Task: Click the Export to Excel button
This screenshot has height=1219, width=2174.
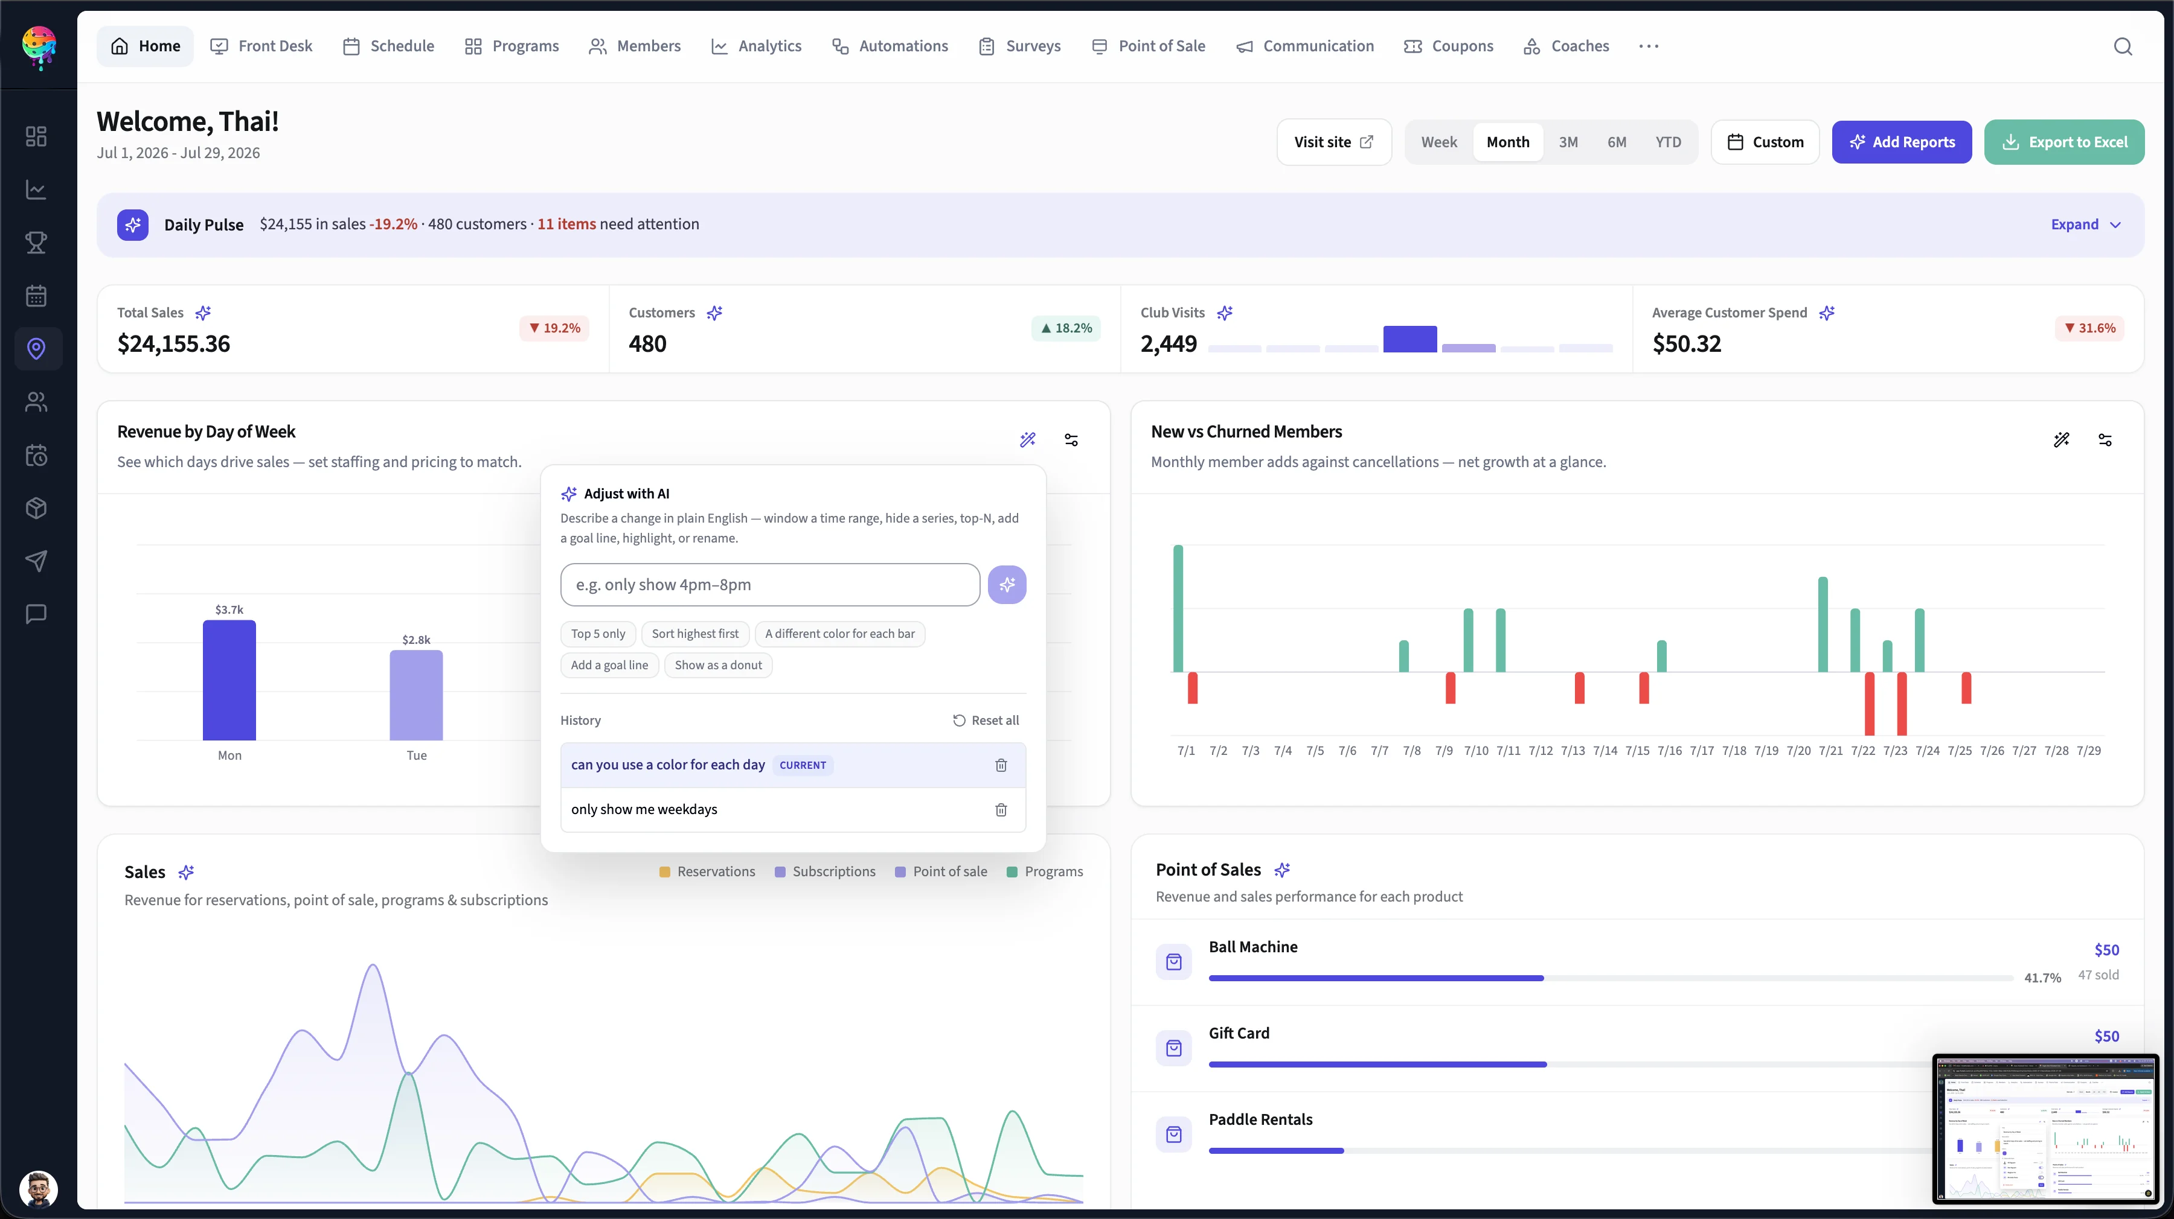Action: [x=2063, y=142]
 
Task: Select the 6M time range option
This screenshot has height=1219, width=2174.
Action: [x=1616, y=142]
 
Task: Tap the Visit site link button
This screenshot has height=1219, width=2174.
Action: [x=1333, y=142]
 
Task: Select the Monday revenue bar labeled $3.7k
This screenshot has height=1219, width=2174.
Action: [x=229, y=680]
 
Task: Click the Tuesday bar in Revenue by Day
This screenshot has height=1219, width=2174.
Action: [x=416, y=695]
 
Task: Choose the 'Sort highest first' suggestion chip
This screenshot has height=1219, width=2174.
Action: [x=694, y=634]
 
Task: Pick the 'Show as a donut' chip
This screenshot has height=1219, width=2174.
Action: [x=718, y=665]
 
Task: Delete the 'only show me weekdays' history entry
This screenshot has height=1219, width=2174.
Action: [x=1001, y=810]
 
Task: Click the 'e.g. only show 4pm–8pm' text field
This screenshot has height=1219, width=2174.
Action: [x=770, y=585]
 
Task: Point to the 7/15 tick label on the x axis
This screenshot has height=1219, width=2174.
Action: [x=1637, y=751]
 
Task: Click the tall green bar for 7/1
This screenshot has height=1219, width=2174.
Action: [x=1178, y=608]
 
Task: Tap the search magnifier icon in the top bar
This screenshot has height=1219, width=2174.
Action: [x=2123, y=46]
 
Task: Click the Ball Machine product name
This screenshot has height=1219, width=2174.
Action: [x=1252, y=946]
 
